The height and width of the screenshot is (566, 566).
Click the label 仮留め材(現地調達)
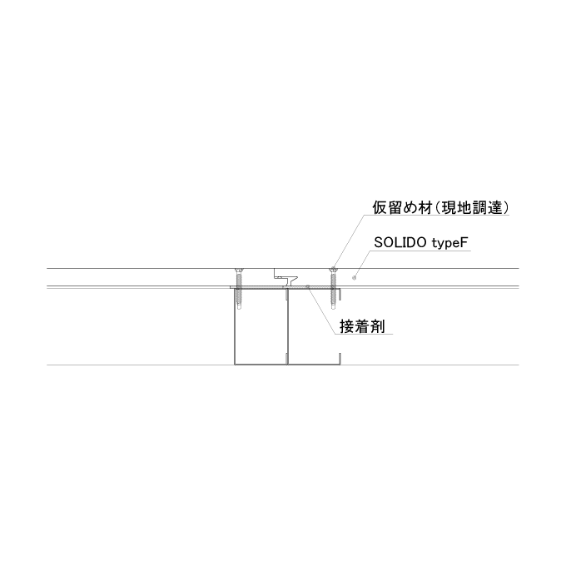[x=440, y=208]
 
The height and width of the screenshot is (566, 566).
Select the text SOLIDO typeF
[x=421, y=243]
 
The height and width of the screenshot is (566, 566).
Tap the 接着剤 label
[x=362, y=326]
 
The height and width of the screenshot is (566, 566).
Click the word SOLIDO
[x=400, y=242]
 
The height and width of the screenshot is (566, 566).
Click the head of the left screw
[x=239, y=271]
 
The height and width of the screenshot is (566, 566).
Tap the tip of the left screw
[x=239, y=310]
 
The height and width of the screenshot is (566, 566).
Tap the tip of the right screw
[x=333, y=310]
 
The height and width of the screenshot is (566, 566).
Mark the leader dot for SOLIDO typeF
[x=354, y=277]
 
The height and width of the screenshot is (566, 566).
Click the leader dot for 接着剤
[x=307, y=286]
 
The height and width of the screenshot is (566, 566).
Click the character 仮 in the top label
[x=380, y=208]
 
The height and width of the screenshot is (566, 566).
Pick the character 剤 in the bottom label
[x=378, y=326]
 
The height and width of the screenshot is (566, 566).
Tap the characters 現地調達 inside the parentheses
[x=472, y=208]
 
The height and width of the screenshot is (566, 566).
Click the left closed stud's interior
[x=261, y=326]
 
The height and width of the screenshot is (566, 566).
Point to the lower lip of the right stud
[x=340, y=359]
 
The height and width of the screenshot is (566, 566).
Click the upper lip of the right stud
[x=340, y=294]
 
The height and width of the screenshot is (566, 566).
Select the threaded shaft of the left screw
[x=239, y=290]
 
